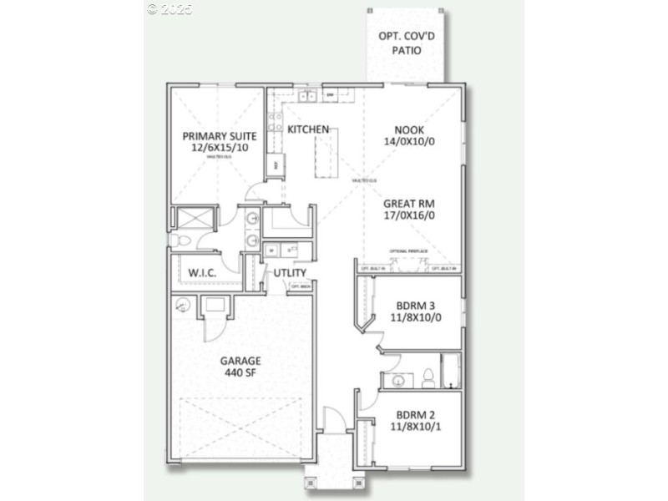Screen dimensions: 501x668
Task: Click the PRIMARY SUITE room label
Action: click(220, 135)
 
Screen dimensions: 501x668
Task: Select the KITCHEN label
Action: click(308, 129)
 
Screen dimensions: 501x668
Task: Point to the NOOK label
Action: click(410, 129)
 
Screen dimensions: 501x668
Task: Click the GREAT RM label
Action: click(409, 203)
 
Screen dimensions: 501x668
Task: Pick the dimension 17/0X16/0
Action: click(409, 215)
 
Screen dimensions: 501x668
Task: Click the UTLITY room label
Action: click(287, 273)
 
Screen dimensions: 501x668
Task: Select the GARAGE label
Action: click(240, 361)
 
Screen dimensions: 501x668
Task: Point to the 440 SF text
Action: click(240, 373)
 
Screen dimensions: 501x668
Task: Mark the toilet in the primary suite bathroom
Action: click(184, 241)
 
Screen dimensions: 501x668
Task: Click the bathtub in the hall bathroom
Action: click(452, 372)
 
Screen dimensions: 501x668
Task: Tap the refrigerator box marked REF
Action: click(276, 164)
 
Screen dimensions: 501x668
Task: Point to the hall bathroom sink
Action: click(399, 381)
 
